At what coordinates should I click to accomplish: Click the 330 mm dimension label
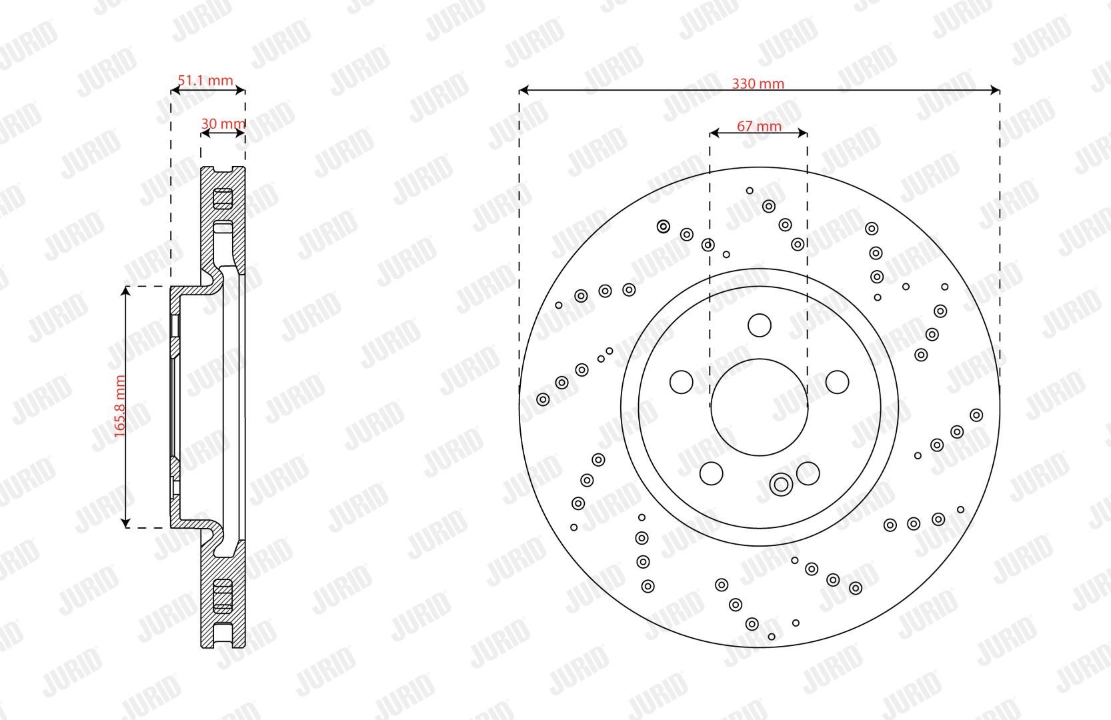[x=758, y=83]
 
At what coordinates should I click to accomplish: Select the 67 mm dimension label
[x=759, y=126]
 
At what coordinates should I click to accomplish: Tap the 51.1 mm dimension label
[x=205, y=80]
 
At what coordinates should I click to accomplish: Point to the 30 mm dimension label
[x=223, y=123]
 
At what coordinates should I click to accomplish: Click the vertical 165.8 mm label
[x=119, y=406]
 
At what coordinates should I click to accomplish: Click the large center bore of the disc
[x=759, y=407]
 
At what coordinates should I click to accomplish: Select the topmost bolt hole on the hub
[x=760, y=325]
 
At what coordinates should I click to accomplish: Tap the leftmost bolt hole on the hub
[x=682, y=382]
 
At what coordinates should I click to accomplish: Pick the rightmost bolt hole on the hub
[x=837, y=382]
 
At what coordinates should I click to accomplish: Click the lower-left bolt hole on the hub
[x=712, y=473]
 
